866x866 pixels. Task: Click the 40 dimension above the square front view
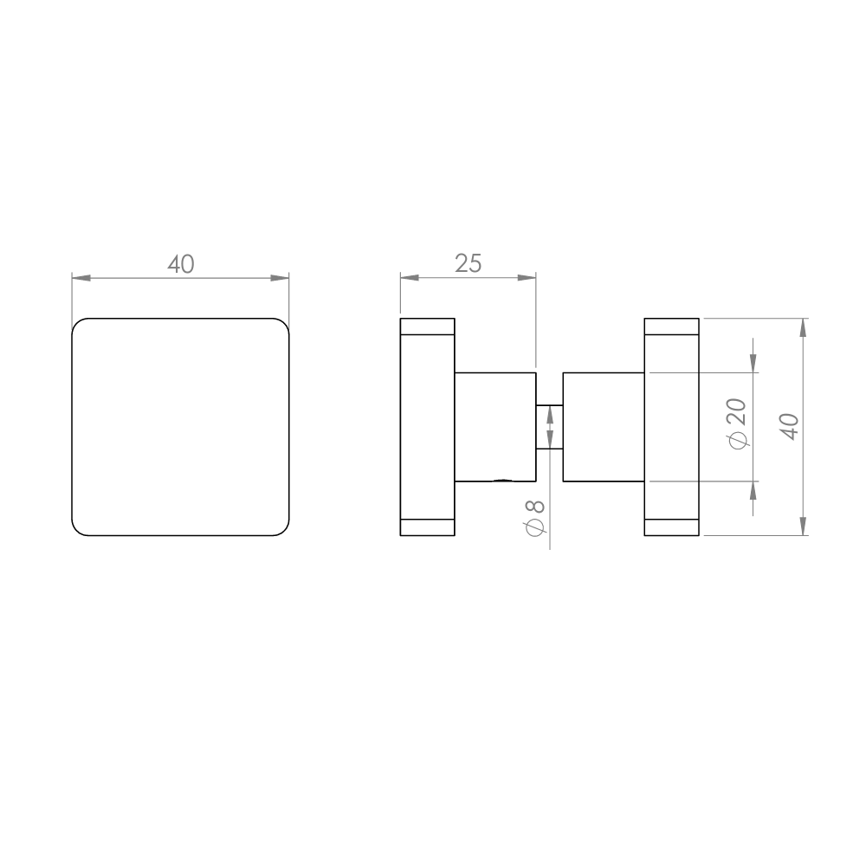(181, 264)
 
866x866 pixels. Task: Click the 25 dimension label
(469, 263)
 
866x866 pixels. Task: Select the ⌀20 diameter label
(737, 423)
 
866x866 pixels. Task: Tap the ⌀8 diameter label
(535, 518)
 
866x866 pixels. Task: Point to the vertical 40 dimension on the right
(791, 426)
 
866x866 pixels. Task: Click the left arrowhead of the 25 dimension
(410, 277)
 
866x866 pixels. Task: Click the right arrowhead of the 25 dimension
(527, 277)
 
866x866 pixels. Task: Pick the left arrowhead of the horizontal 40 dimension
(81, 277)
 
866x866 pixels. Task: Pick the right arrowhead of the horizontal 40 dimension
(280, 277)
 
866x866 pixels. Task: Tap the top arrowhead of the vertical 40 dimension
(803, 327)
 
